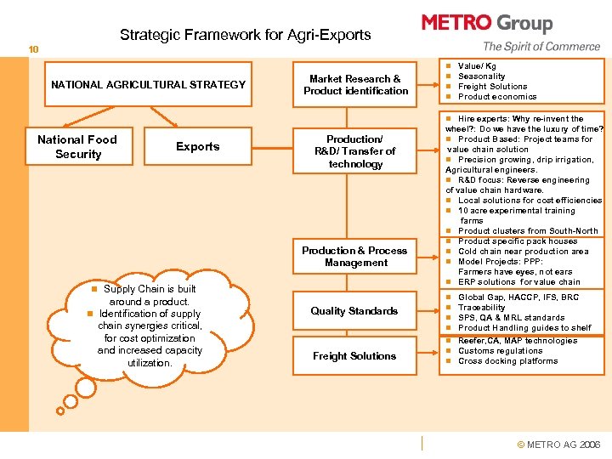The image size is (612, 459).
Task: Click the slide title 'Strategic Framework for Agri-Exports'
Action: [x=245, y=35]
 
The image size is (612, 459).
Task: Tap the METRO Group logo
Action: [x=487, y=23]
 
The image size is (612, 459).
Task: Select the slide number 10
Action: [x=32, y=49]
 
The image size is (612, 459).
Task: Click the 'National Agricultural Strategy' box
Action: [x=148, y=84]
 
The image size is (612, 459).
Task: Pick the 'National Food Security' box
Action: [x=77, y=147]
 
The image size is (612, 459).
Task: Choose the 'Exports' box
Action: [x=197, y=147]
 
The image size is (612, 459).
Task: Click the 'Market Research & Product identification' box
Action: [x=355, y=85]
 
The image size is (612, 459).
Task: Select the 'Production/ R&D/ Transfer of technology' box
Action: [x=355, y=151]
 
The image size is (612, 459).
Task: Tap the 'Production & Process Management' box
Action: [x=355, y=257]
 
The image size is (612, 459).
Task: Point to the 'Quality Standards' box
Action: [x=354, y=311]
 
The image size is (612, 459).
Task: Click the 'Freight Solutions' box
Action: [x=354, y=356]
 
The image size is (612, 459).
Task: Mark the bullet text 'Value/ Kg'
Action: [x=477, y=65]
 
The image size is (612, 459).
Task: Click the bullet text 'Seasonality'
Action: [x=481, y=76]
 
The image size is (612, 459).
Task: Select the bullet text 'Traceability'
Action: [x=481, y=308]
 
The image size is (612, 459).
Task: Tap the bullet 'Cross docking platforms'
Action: [x=507, y=361]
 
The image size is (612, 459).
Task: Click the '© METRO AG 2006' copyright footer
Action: [x=558, y=445]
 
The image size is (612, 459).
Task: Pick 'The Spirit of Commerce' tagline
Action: [x=541, y=47]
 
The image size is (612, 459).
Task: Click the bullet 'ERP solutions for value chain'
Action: [x=518, y=282]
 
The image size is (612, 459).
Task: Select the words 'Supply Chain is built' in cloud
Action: [x=150, y=289]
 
